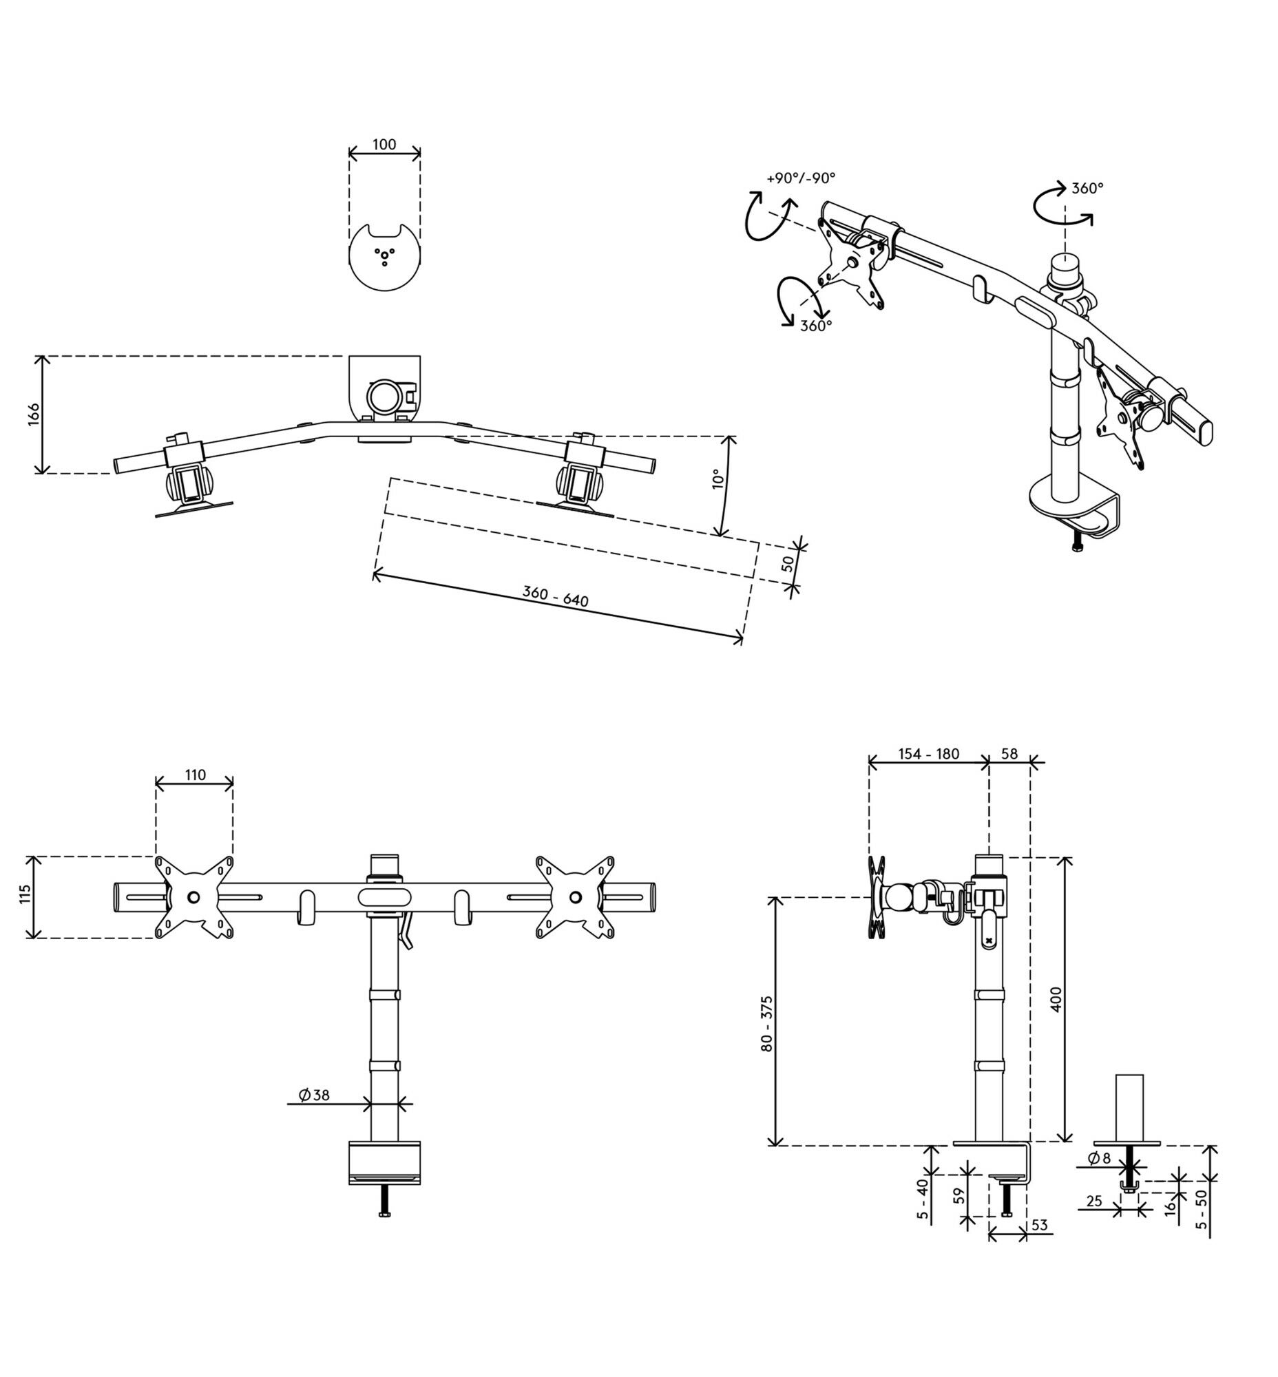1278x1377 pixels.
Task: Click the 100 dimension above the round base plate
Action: coord(384,145)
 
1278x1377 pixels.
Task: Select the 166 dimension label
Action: coord(34,414)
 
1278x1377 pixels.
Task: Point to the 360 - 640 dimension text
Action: coord(555,596)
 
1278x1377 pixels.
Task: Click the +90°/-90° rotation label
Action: coord(801,178)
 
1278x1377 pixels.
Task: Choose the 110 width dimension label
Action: coord(195,775)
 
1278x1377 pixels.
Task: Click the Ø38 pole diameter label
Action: coord(314,1095)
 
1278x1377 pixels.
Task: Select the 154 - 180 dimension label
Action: coord(929,754)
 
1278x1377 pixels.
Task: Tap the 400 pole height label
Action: coord(1056,1000)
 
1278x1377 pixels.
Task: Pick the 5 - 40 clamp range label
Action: coord(923,1200)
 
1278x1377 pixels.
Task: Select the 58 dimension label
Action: coord(1009,754)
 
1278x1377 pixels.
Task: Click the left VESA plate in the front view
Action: coord(194,897)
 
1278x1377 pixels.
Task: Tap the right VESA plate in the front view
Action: coord(576,897)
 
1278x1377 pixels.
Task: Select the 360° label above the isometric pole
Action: coord(1088,188)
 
